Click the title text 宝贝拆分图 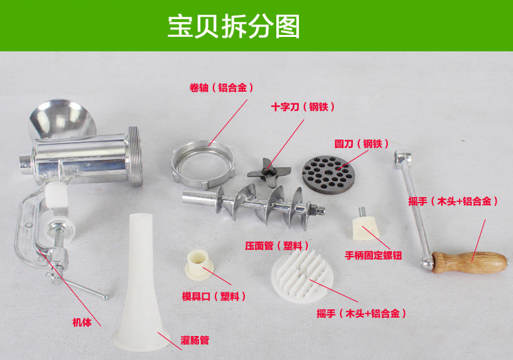pyautogui.click(x=234, y=26)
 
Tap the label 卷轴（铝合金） pyautogui.click(x=222, y=88)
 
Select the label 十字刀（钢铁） pyautogui.click(x=302, y=107)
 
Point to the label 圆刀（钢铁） pyautogui.click(x=361, y=143)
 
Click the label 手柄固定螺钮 pyautogui.click(x=373, y=255)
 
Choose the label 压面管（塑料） pyautogui.click(x=277, y=246)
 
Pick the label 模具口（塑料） pyautogui.click(x=213, y=296)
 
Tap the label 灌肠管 pyautogui.click(x=195, y=340)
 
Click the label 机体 pyautogui.click(x=82, y=322)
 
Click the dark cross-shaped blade pyautogui.click(x=269, y=172)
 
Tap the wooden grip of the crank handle pyautogui.click(x=470, y=263)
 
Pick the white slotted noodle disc pyautogui.click(x=302, y=277)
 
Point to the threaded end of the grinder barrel pyautogui.click(x=135, y=157)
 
